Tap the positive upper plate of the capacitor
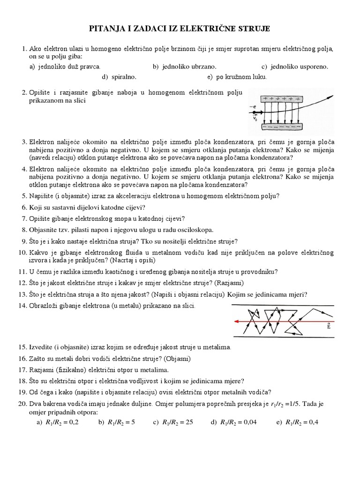282,99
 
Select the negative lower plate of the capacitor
281,127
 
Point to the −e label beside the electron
254,107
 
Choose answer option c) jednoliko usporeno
295,67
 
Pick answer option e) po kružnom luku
236,76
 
